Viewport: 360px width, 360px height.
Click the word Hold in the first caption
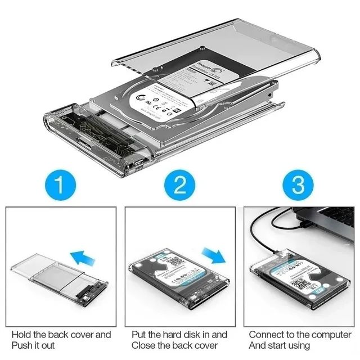[21, 335]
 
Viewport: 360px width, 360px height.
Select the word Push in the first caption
[22, 345]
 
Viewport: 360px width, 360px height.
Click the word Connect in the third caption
[267, 335]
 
